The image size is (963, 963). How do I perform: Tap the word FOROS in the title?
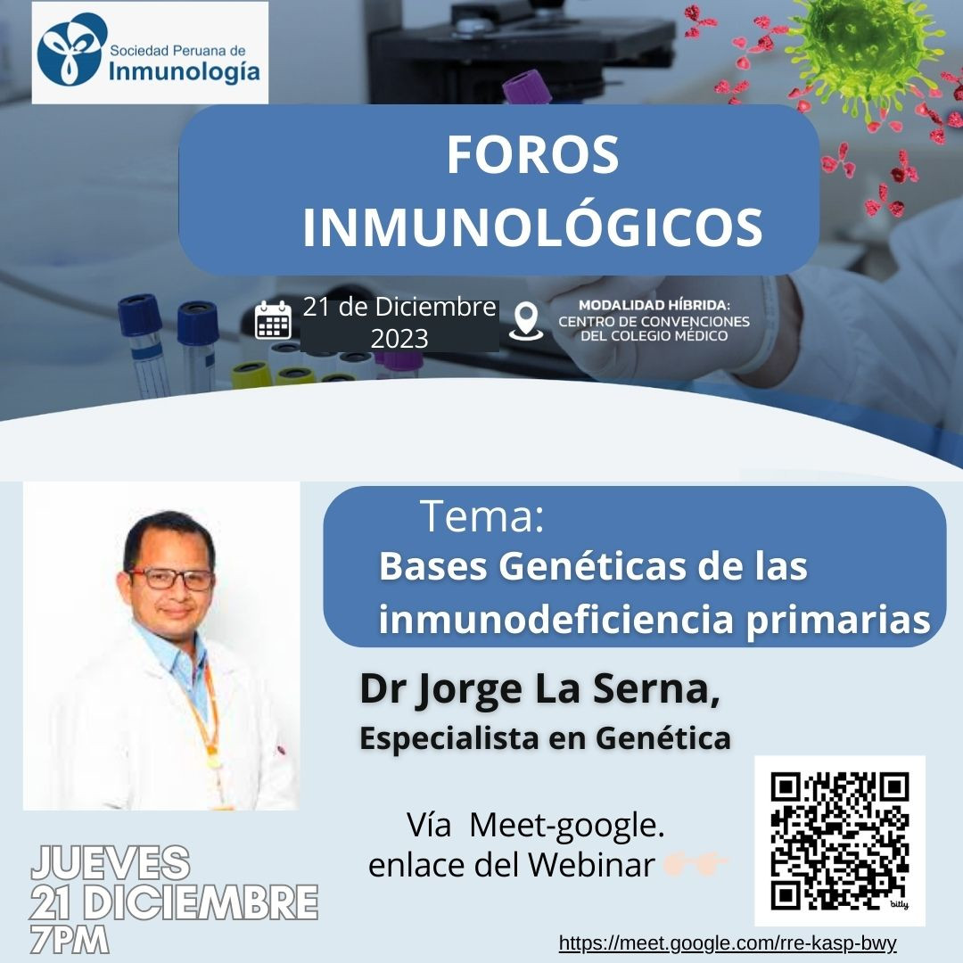coord(532,155)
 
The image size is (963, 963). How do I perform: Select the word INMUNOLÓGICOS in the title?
coord(532,227)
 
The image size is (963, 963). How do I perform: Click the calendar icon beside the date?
coord(274,319)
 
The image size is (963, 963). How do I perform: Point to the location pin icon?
coord(526,321)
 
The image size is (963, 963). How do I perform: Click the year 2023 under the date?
coord(399,339)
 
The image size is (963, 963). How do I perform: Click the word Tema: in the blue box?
coord(482,516)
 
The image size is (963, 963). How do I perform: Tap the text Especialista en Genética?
coord(546,737)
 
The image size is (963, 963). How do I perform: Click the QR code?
coord(840,841)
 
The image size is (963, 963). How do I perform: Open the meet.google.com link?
coord(728,942)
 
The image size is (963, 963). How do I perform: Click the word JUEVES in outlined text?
coord(111,862)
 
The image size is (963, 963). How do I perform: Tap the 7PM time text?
coord(70,940)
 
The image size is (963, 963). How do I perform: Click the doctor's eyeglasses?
coord(170,580)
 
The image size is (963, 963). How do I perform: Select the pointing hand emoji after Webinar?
coord(695,863)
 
